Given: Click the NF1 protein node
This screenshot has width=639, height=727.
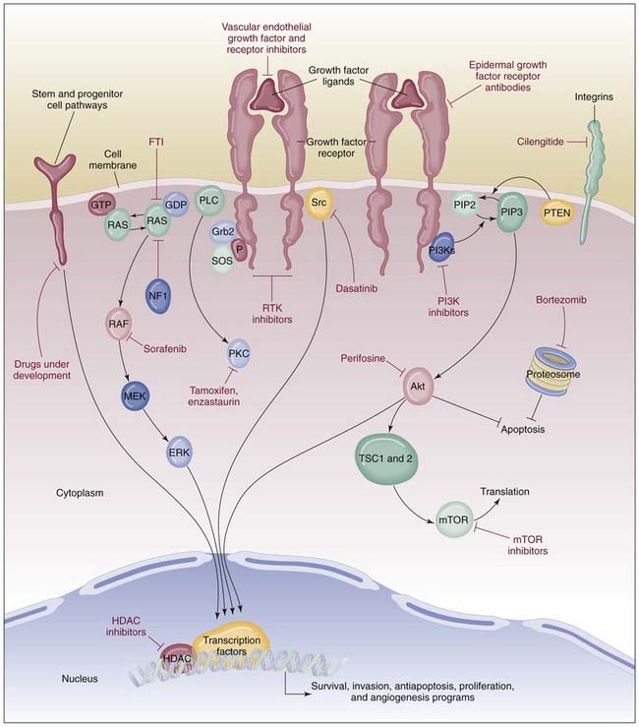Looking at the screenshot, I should (152, 294).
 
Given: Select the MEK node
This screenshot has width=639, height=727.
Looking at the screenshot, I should (136, 396).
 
